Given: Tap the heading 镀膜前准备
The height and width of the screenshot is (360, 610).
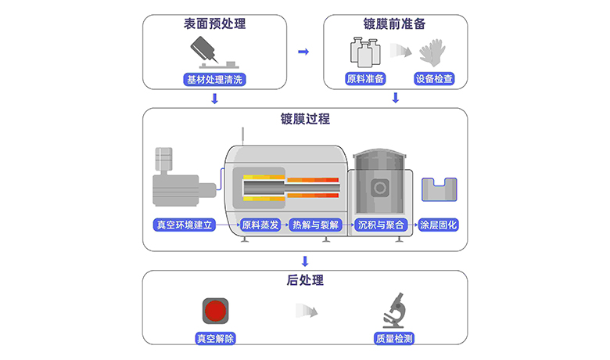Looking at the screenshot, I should pyautogui.click(x=395, y=24).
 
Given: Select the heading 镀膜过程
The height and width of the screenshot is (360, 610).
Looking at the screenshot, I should pyautogui.click(x=305, y=119).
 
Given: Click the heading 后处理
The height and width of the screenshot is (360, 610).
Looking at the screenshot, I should pyautogui.click(x=305, y=280).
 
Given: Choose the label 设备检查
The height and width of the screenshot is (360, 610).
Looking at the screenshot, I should pyautogui.click(x=434, y=79).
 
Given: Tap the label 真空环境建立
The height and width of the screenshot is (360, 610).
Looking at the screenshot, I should pyautogui.click(x=184, y=225).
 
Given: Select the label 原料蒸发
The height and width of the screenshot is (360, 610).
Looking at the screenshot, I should pyautogui.click(x=260, y=225).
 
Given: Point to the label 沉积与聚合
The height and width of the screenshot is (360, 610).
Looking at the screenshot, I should pyautogui.click(x=381, y=225).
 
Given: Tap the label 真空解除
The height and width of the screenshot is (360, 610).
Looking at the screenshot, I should pyautogui.click(x=216, y=339).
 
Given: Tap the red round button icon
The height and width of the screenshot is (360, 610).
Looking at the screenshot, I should pyautogui.click(x=215, y=311).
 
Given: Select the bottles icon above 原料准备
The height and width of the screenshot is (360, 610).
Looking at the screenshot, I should pyautogui.click(x=362, y=53).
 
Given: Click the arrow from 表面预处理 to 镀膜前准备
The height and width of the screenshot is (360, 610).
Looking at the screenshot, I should pyautogui.click(x=304, y=52).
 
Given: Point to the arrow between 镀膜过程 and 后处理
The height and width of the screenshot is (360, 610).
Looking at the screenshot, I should pyautogui.click(x=305, y=261).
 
